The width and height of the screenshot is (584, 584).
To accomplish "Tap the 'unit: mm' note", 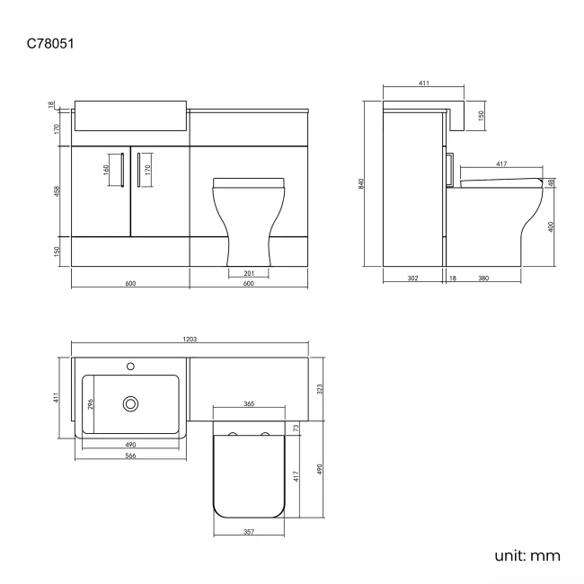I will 526,555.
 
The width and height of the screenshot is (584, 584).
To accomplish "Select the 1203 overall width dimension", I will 190,340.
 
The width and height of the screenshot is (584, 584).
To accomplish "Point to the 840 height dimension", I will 362,183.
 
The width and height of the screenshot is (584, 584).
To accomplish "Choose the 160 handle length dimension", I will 105,168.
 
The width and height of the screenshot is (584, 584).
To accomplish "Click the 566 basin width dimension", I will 130,456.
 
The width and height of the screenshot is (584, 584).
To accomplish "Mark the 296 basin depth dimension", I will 90,404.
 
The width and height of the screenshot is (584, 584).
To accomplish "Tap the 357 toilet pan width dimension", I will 249,531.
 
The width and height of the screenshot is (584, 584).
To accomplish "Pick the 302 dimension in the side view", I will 412,279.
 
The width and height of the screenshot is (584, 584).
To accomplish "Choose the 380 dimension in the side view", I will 483,279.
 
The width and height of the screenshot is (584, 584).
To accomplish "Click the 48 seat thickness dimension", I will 551,182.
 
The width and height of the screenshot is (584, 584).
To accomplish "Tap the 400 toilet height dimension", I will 551,226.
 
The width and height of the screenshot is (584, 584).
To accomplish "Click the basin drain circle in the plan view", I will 131,404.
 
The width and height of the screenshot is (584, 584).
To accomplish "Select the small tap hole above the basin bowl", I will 130,367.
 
